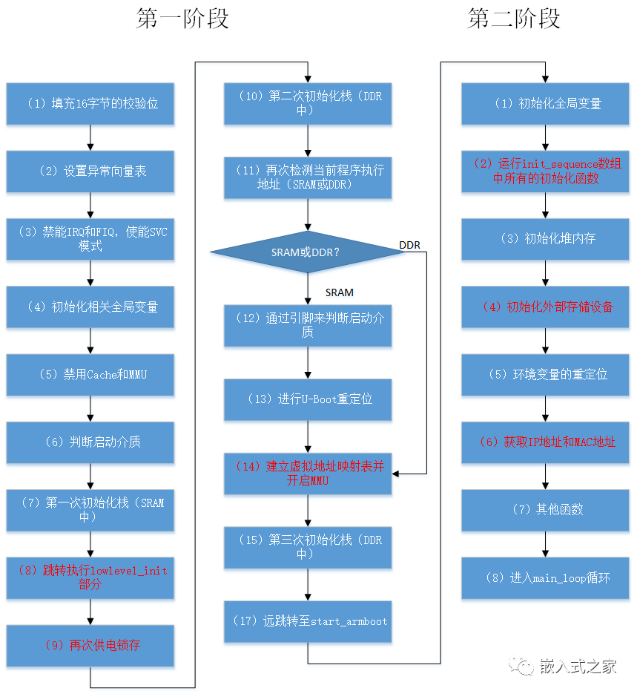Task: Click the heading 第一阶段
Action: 182,19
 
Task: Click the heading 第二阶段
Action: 514,19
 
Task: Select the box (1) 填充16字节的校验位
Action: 90,104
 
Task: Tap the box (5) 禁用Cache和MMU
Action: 90,374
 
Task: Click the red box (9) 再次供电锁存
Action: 90,645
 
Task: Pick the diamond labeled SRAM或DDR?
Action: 308,252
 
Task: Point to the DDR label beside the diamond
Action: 409,245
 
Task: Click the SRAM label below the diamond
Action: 339,292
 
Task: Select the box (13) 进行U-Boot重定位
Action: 308,399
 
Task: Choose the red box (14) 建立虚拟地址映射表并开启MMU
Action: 308,474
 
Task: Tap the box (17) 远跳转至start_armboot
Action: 308,621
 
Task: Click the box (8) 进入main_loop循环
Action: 545,578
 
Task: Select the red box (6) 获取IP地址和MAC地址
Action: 545,442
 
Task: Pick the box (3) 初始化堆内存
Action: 545,239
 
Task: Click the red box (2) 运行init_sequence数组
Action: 545,171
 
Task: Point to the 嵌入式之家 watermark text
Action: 578,667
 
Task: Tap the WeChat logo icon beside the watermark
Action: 521,666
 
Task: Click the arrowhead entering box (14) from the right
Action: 395,474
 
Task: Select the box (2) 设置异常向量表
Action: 90,171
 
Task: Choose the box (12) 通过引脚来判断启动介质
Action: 308,325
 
